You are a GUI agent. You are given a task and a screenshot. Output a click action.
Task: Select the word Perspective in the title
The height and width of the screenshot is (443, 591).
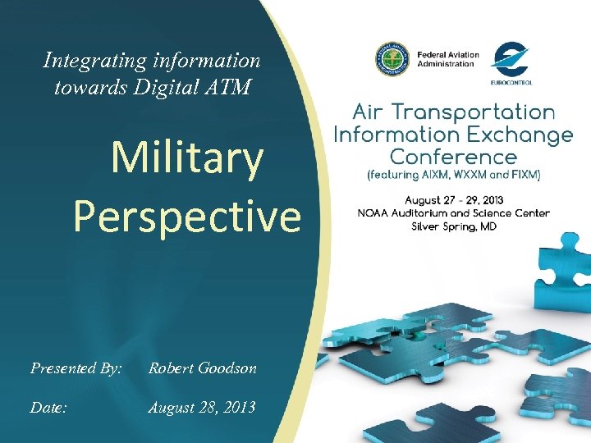click(x=187, y=216)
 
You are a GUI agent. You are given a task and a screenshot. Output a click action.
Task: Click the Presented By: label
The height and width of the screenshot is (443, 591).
click(x=76, y=368)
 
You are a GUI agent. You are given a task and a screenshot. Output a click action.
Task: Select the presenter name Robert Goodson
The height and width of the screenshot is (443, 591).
click(x=202, y=368)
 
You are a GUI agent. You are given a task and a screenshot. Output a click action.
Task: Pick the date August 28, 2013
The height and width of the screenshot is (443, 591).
click(x=201, y=407)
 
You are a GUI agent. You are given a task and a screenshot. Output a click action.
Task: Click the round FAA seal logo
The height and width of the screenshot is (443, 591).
click(x=393, y=59)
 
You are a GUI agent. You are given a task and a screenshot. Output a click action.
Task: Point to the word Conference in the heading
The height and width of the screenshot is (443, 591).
click(x=453, y=156)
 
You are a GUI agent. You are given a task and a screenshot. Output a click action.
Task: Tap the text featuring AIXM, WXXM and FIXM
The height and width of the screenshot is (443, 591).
click(x=454, y=175)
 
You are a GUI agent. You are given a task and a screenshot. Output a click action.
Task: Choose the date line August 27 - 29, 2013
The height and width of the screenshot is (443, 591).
click(x=454, y=200)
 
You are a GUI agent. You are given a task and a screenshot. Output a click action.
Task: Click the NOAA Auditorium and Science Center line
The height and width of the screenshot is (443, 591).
click(x=454, y=213)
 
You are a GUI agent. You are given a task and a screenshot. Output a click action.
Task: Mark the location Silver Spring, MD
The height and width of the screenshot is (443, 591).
click(x=454, y=226)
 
